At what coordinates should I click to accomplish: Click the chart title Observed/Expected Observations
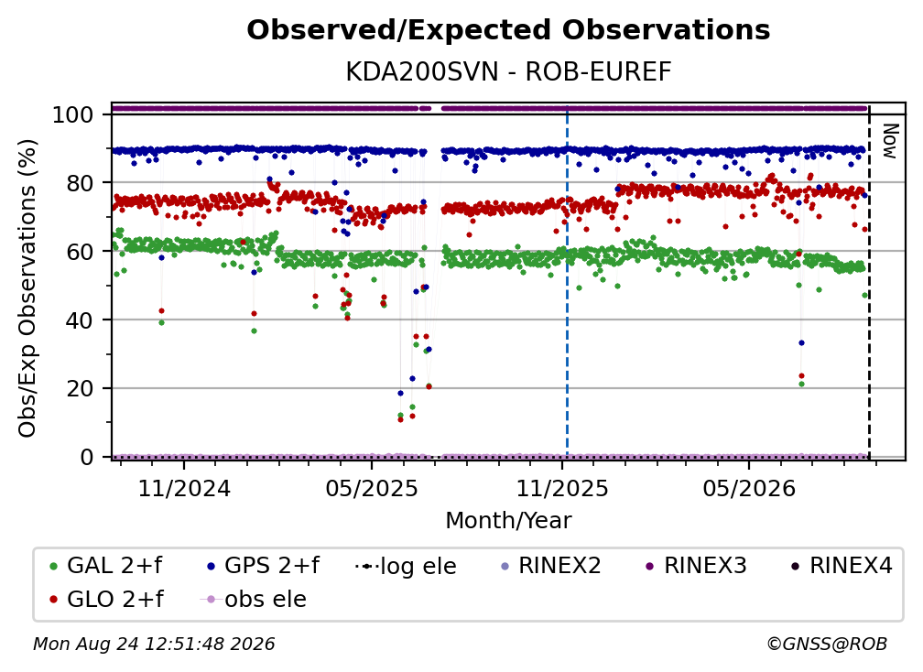(x=508, y=30)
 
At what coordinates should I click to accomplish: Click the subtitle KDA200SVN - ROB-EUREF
(x=508, y=72)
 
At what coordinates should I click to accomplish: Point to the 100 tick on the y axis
(x=73, y=114)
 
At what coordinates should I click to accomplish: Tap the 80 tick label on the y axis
(x=80, y=183)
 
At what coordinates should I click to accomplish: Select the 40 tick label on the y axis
(x=80, y=320)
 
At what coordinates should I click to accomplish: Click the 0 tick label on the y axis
(x=87, y=457)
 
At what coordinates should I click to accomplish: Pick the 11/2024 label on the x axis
(x=184, y=488)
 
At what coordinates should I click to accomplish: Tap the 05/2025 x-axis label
(x=372, y=488)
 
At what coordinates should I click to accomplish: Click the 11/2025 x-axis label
(x=562, y=488)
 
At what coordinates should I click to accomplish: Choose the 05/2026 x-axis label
(x=749, y=488)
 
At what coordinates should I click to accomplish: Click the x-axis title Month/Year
(x=508, y=521)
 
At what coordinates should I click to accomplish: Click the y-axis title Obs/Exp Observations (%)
(x=27, y=288)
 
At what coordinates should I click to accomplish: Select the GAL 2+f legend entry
(x=105, y=566)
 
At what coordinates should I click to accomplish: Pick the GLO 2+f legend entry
(x=106, y=599)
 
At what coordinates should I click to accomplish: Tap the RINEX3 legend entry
(x=696, y=566)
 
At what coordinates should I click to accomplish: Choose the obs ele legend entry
(x=254, y=599)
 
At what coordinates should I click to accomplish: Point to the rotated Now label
(x=889, y=141)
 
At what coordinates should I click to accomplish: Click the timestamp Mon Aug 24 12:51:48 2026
(x=154, y=644)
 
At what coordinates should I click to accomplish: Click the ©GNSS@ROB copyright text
(x=827, y=644)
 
